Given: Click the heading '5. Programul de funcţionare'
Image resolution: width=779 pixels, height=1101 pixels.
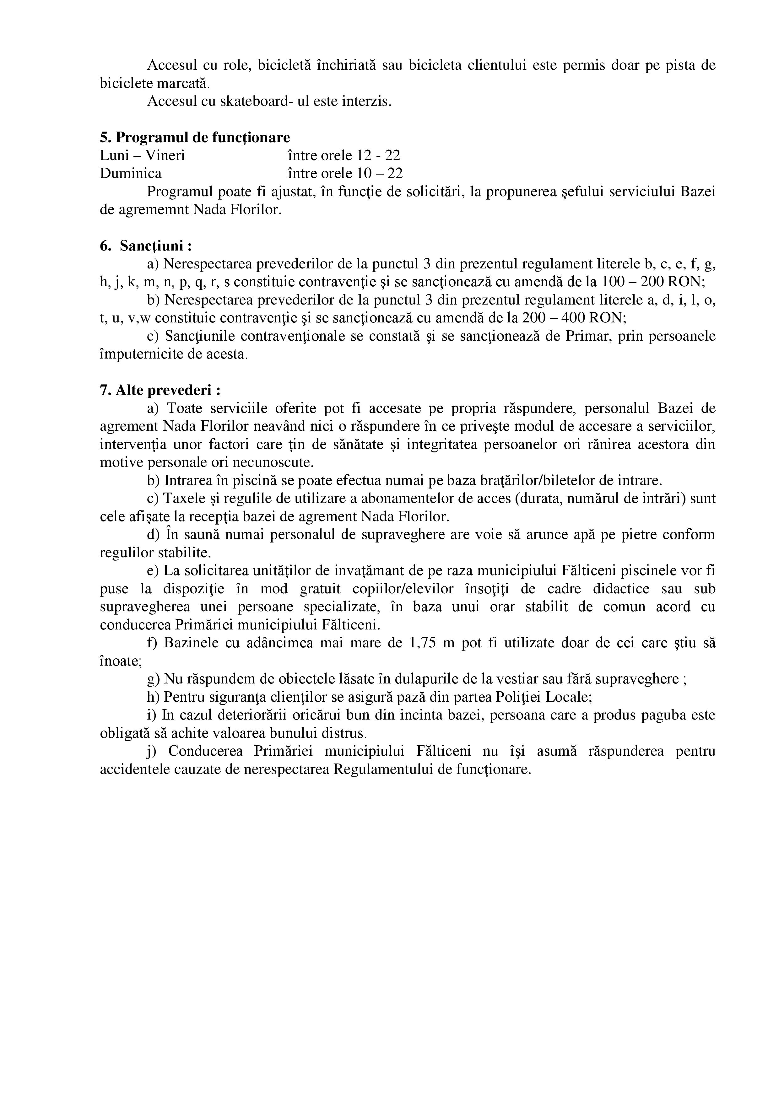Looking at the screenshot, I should pos(195,138).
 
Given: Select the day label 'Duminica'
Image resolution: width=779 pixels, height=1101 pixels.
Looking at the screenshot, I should pos(131,173).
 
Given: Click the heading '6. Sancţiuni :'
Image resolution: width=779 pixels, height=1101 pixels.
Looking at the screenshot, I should pos(146,246).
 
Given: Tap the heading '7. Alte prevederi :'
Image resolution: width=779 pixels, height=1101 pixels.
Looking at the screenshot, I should pos(160,390).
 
